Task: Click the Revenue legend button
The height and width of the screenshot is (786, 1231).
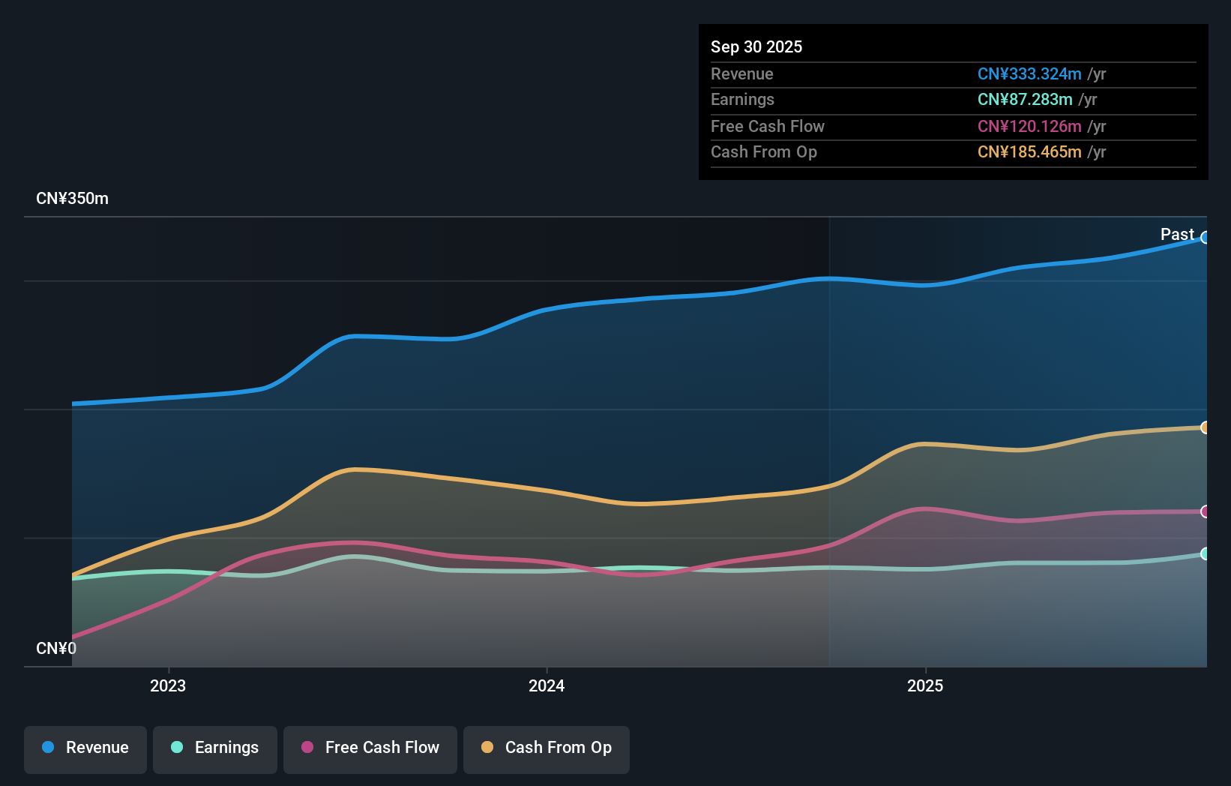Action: (85, 748)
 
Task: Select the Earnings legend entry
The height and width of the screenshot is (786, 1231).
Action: (215, 748)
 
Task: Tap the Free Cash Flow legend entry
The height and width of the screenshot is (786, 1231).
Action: (370, 748)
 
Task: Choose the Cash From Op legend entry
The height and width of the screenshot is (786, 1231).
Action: (547, 748)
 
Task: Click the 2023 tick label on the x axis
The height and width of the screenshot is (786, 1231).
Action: (168, 686)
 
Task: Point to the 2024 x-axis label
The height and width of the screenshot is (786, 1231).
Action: (547, 686)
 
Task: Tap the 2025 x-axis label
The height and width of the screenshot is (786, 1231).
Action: (925, 686)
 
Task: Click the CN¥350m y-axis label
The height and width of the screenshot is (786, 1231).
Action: (73, 199)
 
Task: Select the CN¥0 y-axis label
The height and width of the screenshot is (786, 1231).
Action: (56, 649)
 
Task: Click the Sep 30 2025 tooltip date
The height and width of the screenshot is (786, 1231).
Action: (756, 47)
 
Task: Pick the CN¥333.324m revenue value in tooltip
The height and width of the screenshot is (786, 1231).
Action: (1029, 74)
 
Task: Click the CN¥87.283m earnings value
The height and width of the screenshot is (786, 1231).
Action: (1025, 100)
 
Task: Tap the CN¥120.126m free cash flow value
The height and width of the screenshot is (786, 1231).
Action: (1029, 127)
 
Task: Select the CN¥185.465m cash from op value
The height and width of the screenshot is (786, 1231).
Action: (1029, 152)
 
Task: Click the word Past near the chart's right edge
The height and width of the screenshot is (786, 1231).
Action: (1177, 235)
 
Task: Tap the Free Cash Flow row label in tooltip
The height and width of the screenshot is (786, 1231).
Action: (768, 127)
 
